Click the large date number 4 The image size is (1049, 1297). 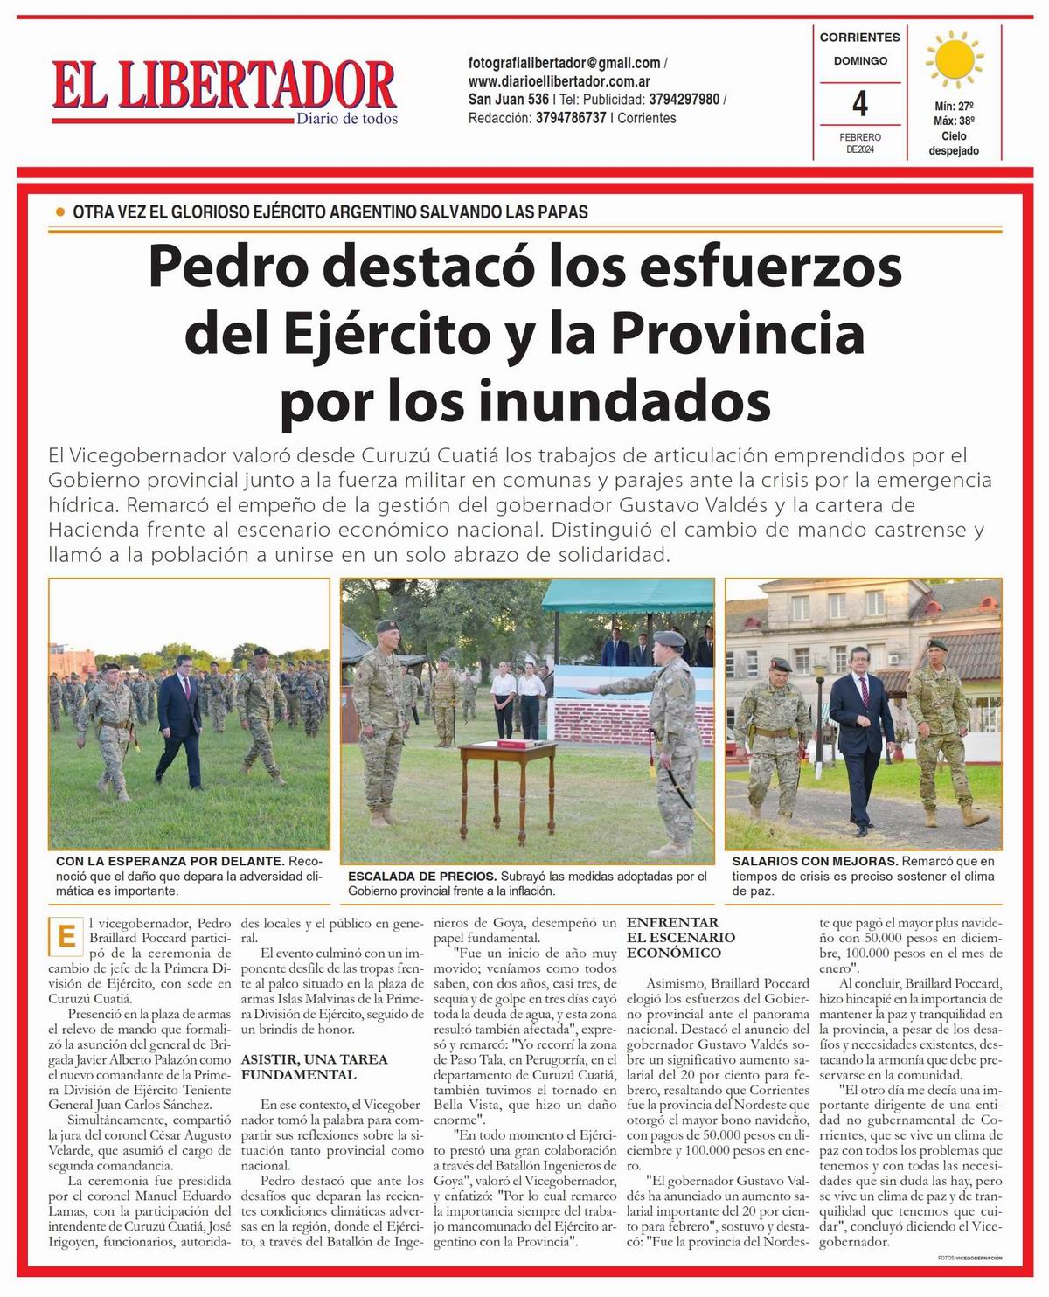click(x=860, y=105)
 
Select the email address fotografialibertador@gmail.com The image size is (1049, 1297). click(x=564, y=63)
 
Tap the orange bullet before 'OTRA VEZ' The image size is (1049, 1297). click(x=60, y=212)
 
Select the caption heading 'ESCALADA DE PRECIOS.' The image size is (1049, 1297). click(x=422, y=876)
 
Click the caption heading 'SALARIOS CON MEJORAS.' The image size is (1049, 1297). click(x=815, y=861)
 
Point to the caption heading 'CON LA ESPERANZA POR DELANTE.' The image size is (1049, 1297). click(x=169, y=861)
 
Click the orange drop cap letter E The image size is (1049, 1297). click(x=65, y=936)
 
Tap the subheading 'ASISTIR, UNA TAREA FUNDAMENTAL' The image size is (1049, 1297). click(x=314, y=1066)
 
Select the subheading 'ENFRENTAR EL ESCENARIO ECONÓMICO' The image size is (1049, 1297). click(x=681, y=937)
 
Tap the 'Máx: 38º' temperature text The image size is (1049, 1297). click(x=954, y=121)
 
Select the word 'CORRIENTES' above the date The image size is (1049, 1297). click(x=859, y=38)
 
